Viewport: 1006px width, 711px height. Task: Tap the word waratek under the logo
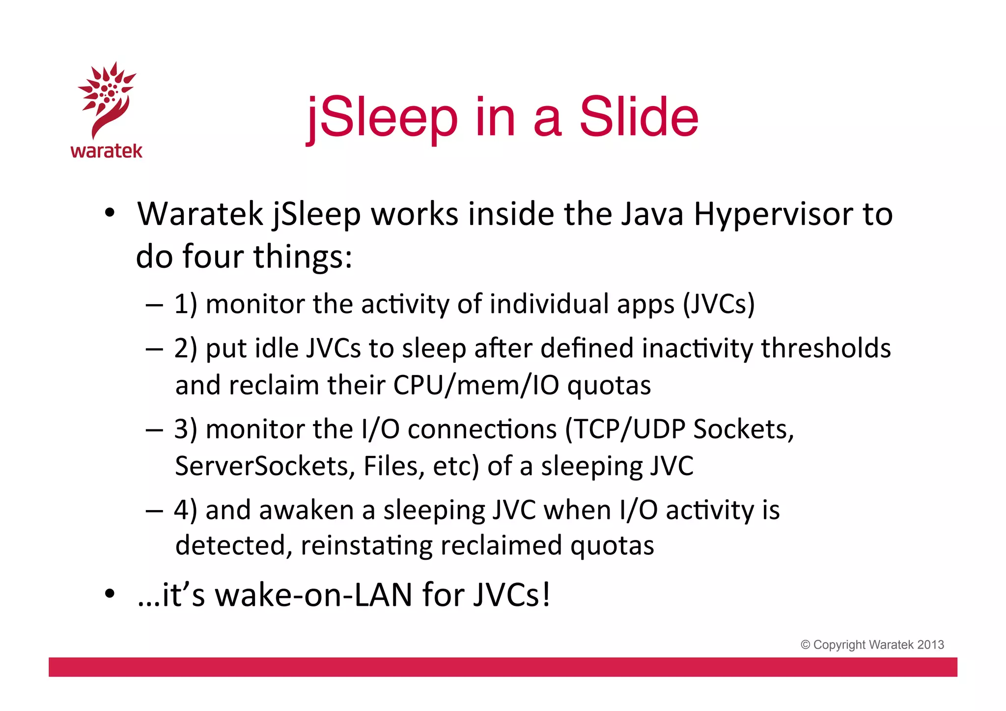tap(107, 150)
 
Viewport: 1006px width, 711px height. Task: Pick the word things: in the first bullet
tap(303, 256)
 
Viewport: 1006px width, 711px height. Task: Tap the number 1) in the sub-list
tap(186, 304)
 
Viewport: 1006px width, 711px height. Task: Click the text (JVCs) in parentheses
tap(719, 304)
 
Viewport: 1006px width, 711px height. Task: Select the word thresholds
tap(826, 348)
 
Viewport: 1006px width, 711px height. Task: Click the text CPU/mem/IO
tap(476, 385)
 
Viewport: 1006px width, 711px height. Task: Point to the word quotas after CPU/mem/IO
tap(609, 386)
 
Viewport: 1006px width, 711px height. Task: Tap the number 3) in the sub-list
tap(186, 429)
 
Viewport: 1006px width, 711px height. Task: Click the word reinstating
tap(366, 545)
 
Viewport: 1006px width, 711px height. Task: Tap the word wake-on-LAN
tap(314, 595)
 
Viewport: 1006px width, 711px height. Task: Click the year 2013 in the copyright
tap(931, 645)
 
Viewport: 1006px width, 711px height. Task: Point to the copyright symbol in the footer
tap(805, 645)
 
